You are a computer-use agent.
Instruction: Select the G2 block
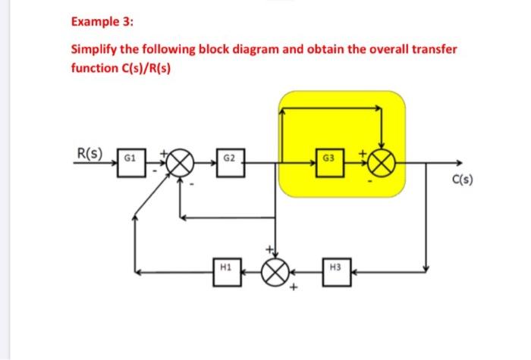(x=229, y=162)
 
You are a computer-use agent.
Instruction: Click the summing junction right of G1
(x=180, y=163)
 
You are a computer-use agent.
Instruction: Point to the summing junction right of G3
(x=383, y=162)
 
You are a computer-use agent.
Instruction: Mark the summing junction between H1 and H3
(x=275, y=270)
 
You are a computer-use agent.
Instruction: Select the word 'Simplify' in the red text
(x=95, y=50)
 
